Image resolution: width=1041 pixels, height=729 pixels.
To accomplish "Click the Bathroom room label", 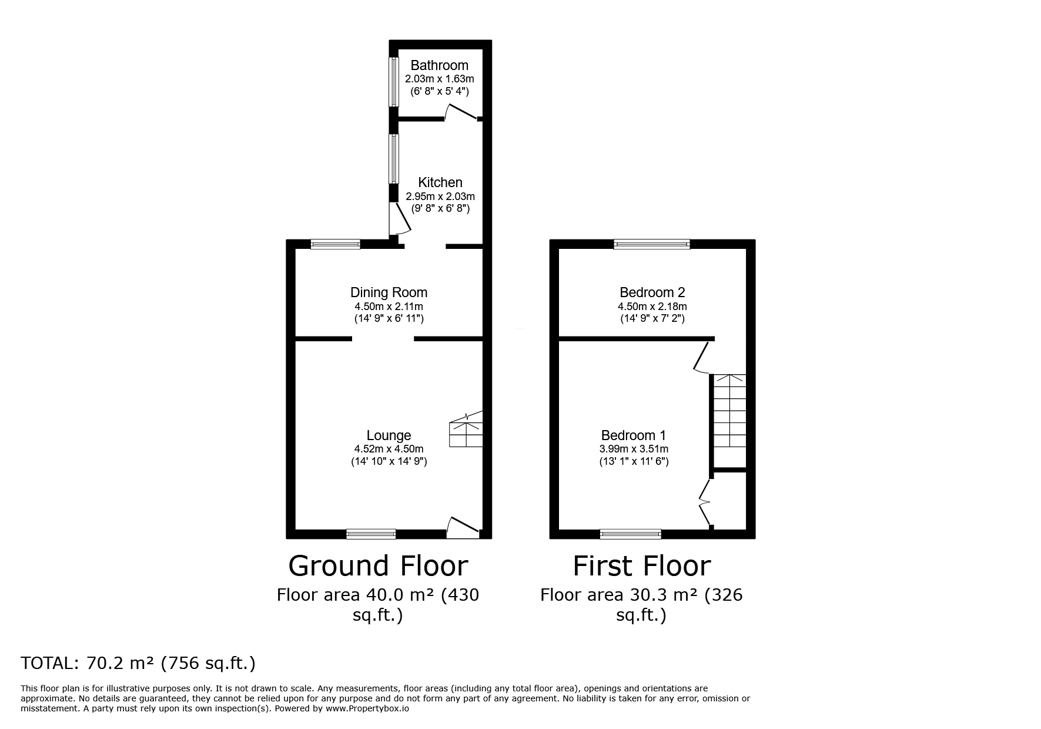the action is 439,65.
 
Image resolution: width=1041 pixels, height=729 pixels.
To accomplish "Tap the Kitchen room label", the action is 440,182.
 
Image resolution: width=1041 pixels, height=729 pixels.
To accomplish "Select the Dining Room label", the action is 389,292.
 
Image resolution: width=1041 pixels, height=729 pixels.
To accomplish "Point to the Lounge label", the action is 389,435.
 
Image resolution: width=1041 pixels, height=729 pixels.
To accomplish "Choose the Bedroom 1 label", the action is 634,435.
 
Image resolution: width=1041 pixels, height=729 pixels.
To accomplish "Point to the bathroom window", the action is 393,81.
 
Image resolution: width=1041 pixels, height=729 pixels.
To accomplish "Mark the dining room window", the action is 336,244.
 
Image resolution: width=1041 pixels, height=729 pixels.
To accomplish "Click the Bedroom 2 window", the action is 652,244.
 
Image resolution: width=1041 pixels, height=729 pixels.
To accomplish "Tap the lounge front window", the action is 371,534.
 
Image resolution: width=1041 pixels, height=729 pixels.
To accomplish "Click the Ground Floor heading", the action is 378,565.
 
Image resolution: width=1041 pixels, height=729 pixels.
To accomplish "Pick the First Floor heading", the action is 642,565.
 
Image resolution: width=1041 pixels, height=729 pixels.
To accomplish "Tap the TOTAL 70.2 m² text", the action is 138,663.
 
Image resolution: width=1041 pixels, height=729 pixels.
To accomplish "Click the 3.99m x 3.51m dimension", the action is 634,449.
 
